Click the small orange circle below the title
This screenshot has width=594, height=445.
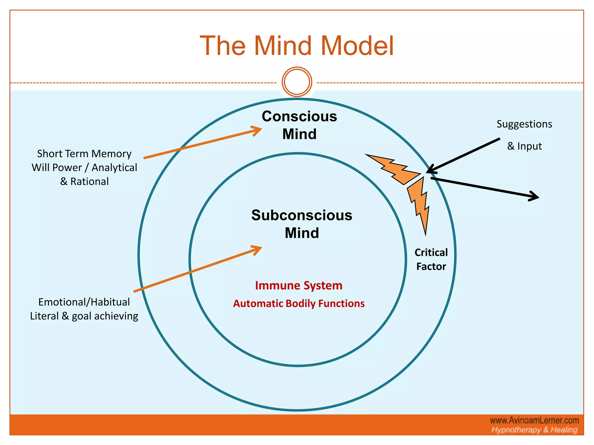tap(297, 82)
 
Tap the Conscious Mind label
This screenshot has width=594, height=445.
tap(299, 125)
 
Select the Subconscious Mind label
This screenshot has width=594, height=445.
tap(302, 224)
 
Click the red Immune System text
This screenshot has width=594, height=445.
tap(299, 286)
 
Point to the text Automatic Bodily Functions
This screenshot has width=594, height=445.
tap(299, 304)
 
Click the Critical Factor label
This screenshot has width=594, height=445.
tap(431, 259)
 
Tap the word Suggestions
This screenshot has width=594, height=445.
tap(524, 124)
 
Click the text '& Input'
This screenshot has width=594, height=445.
tap(524, 146)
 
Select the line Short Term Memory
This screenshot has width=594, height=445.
tap(84, 154)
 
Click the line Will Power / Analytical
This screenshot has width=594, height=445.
tap(84, 167)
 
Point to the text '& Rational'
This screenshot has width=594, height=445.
tap(84, 182)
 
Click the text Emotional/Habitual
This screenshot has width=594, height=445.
tap(84, 302)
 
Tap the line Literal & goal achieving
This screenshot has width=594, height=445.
tap(84, 316)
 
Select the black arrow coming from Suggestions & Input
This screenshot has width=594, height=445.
tap(464, 156)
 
